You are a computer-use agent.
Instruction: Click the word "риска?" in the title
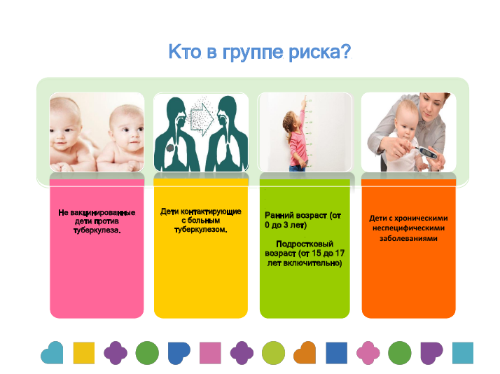[x=320, y=53]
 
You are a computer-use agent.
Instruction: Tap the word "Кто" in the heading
[x=185, y=51]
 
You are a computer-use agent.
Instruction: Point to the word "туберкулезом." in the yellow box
[x=200, y=230]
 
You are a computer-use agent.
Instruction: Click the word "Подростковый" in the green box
[x=305, y=244]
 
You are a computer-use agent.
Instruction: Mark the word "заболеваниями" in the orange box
[x=408, y=239]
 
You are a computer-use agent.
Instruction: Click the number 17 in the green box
[x=340, y=254]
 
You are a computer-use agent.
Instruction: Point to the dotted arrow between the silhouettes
[x=202, y=118]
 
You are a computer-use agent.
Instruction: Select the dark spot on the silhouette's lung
[x=170, y=148]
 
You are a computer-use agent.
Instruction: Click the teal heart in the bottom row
[x=52, y=352]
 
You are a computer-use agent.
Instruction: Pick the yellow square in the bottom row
[x=84, y=353]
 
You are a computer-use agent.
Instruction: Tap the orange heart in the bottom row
[x=305, y=352]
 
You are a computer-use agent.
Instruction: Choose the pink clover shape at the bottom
[x=368, y=353]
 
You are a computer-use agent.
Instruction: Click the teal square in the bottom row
[x=463, y=353]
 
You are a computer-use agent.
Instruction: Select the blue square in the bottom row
[x=336, y=353]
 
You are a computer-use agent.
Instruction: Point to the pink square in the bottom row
[x=211, y=353]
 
